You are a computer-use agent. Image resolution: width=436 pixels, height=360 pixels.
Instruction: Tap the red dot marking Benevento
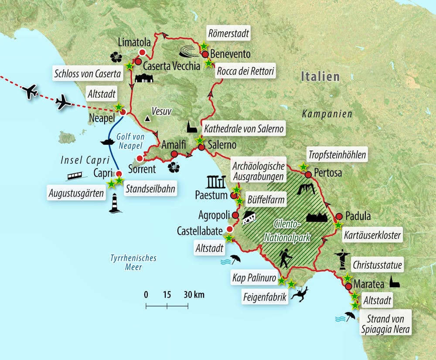point(204,54)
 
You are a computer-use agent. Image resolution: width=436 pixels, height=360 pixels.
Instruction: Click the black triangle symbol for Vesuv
point(148,119)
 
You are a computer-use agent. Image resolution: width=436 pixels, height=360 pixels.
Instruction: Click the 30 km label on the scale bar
point(193,294)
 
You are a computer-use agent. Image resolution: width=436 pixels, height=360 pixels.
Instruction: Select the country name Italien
point(320,77)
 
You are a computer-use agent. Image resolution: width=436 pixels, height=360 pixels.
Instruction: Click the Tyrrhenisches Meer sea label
point(133,262)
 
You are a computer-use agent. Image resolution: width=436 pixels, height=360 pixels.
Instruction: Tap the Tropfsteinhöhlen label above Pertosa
point(337,155)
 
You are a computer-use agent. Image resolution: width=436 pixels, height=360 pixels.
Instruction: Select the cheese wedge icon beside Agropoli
point(249,218)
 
